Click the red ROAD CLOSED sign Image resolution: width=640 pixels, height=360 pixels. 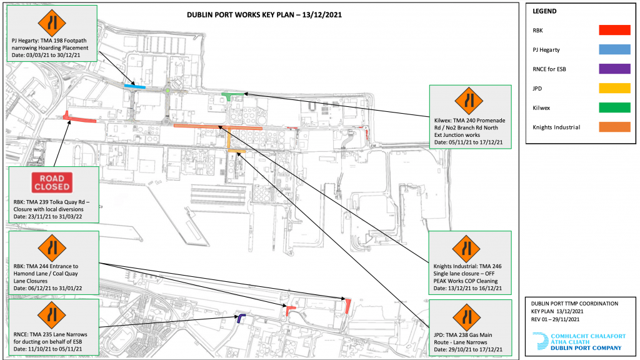pyautogui.click(x=52, y=182)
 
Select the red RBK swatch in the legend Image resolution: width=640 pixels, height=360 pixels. pyautogui.click(x=614, y=30)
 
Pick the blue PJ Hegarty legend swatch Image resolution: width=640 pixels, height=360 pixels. pyautogui.click(x=614, y=49)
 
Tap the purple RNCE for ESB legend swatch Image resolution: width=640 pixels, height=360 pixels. pyautogui.click(x=614, y=69)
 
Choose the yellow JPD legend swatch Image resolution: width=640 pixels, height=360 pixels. pyautogui.click(x=614, y=88)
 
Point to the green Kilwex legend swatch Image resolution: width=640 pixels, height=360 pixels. pyautogui.click(x=614, y=107)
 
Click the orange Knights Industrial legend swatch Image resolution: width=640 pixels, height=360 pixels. pyautogui.click(x=614, y=127)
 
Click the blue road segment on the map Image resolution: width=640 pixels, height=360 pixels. pyautogui.click(x=135, y=86)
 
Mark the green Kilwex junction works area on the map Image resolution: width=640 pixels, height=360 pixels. pyautogui.click(x=231, y=96)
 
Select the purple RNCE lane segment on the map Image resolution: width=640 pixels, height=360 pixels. pyautogui.click(x=241, y=317)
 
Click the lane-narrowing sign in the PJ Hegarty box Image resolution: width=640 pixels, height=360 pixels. pyautogui.click(x=52, y=23)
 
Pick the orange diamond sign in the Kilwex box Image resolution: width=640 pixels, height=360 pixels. pyautogui.click(x=469, y=101)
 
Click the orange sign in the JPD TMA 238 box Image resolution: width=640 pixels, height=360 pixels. pyautogui.click(x=466, y=317)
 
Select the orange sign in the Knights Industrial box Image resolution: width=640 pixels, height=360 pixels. pyautogui.click(x=466, y=249)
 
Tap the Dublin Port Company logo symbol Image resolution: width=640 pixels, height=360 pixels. pyautogui.click(x=541, y=341)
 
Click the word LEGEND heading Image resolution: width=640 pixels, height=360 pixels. pyautogui.click(x=544, y=11)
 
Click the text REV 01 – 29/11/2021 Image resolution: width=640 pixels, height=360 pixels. pyautogui.click(x=555, y=319)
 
